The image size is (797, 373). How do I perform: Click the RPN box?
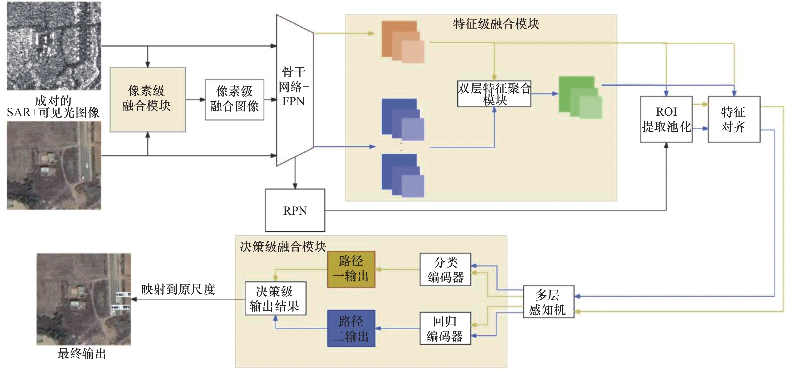(295, 210)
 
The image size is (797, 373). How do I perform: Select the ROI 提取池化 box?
(666, 119)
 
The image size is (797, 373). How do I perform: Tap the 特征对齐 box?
(734, 119)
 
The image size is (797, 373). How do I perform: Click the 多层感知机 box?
(548, 302)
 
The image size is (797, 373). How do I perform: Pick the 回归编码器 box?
(445, 328)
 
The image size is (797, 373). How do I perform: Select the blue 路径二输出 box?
(351, 328)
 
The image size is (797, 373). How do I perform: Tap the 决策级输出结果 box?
(275, 298)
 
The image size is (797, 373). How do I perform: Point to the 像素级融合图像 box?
(235, 99)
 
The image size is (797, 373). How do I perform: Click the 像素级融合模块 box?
(148, 99)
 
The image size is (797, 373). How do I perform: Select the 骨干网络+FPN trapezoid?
(295, 90)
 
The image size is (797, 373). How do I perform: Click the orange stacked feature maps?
(402, 42)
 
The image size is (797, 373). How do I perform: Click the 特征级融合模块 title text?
(496, 24)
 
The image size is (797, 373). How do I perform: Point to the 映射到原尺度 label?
(178, 289)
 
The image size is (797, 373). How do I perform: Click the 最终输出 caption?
(82, 353)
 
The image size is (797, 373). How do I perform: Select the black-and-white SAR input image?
(54, 46)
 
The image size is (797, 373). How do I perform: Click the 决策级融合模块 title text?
(283, 247)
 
